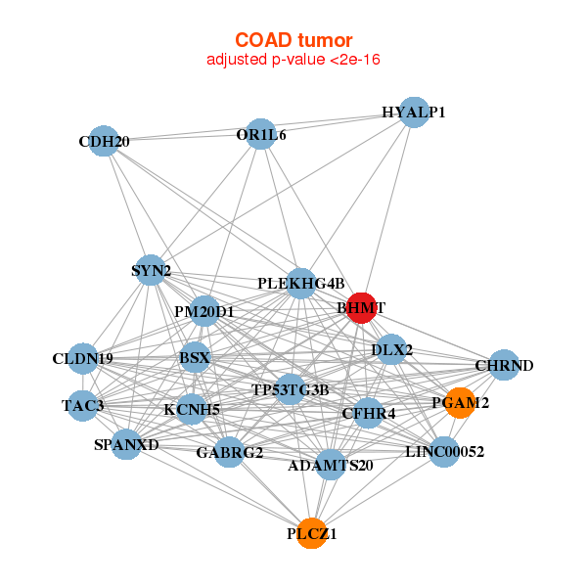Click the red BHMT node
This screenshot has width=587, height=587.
[362, 307]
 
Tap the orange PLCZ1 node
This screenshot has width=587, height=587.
[312, 533]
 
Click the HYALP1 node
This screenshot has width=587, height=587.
[415, 112]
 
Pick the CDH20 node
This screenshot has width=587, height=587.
[104, 141]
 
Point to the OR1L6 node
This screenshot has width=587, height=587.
[260, 134]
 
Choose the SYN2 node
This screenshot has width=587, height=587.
[151, 270]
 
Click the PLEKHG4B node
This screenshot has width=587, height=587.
[301, 283]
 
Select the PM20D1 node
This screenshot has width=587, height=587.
[204, 312]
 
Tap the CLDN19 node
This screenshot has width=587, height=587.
[83, 358]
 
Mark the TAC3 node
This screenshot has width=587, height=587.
[82, 404]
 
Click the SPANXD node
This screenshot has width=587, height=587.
[126, 445]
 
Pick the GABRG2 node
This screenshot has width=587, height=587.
[229, 452]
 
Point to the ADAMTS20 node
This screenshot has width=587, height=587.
[331, 464]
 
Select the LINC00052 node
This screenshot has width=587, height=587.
[444, 451]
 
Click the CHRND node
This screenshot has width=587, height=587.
[504, 366]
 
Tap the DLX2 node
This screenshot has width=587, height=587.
[392, 349]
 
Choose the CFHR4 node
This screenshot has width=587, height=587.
[369, 413]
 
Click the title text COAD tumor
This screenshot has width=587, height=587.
[293, 40]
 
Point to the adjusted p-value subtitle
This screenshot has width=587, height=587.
[293, 60]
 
